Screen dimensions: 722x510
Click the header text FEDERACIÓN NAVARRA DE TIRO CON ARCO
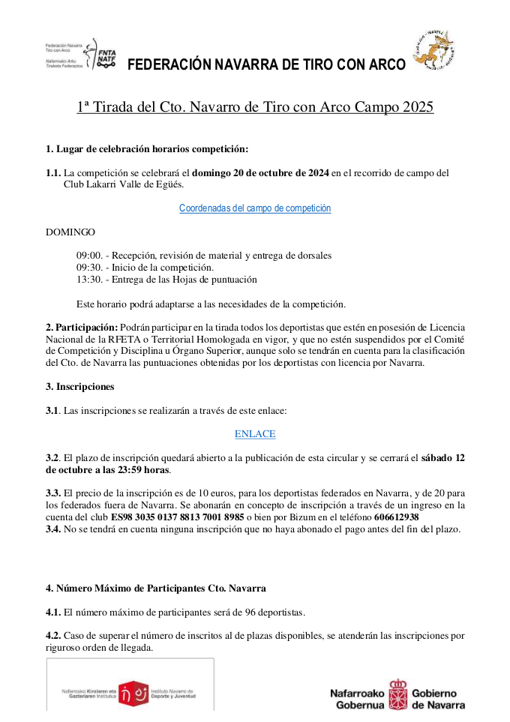click(x=266, y=64)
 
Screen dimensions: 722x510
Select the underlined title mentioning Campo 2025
click(x=255, y=107)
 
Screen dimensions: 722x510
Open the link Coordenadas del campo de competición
click(x=255, y=208)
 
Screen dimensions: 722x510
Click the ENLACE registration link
click(x=255, y=434)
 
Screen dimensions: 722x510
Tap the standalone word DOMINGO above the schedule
click(x=70, y=232)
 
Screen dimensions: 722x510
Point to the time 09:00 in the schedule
click(x=88, y=256)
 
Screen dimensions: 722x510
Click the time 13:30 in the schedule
click(x=88, y=280)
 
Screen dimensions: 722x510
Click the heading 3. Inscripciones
click(x=80, y=387)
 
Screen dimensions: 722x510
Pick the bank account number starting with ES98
click(x=178, y=517)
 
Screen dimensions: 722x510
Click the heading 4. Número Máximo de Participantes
click(x=155, y=588)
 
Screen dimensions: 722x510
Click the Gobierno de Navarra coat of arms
click(x=398, y=694)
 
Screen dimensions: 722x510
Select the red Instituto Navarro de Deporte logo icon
click(x=130, y=694)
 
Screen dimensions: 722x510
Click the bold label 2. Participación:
click(x=82, y=327)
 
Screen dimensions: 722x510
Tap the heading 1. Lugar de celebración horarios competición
click(x=147, y=148)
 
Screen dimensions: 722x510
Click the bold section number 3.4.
click(x=54, y=529)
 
